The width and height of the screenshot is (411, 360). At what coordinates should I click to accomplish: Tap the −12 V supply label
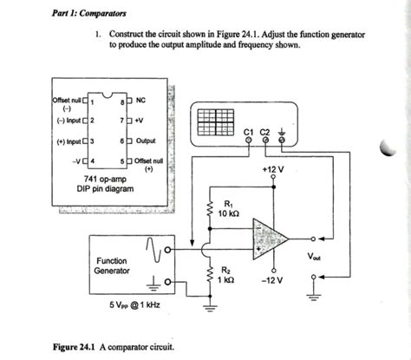275,281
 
